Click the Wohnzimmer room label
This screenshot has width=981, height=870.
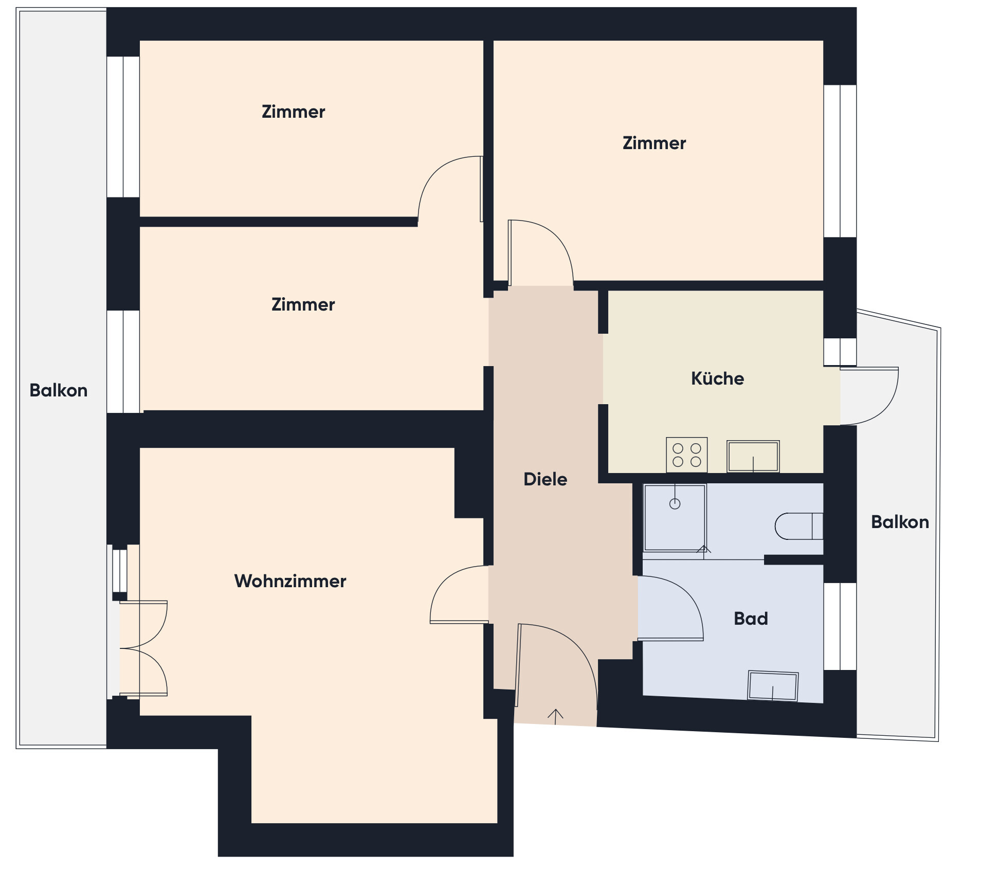(x=290, y=581)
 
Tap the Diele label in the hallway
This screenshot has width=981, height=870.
(x=545, y=479)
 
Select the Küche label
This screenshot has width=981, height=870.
(x=717, y=378)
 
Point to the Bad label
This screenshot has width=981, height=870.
(x=751, y=618)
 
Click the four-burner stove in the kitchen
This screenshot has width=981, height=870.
(x=686, y=455)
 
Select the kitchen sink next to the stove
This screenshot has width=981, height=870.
(x=753, y=456)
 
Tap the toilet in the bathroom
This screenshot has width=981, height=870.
(x=799, y=526)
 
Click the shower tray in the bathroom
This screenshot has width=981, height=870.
(x=675, y=517)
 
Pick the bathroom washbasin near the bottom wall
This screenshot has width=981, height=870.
(x=773, y=685)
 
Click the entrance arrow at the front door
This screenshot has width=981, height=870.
(x=555, y=716)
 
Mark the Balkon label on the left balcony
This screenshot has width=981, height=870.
(x=58, y=390)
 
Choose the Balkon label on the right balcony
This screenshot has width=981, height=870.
(x=900, y=522)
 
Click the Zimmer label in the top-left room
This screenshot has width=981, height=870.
(x=293, y=112)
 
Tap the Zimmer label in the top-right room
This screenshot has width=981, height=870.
(x=654, y=143)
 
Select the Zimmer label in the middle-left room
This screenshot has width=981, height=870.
(x=303, y=304)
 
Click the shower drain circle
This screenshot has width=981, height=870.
(x=675, y=504)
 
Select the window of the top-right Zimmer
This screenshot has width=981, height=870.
(x=840, y=161)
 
